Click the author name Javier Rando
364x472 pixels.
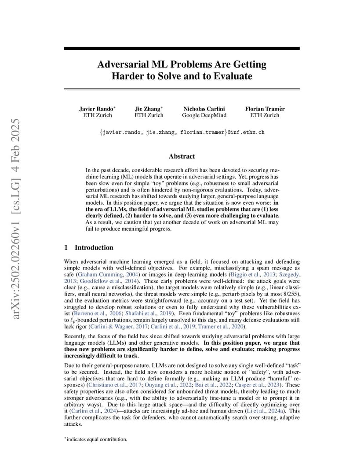click(96, 109)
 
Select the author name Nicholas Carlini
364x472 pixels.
click(204, 109)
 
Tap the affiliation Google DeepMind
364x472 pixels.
click(204, 115)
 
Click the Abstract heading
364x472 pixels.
click(182, 156)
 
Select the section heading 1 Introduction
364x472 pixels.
click(88, 247)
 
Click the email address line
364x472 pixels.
click(182, 132)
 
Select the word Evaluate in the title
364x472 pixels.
click(233, 76)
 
